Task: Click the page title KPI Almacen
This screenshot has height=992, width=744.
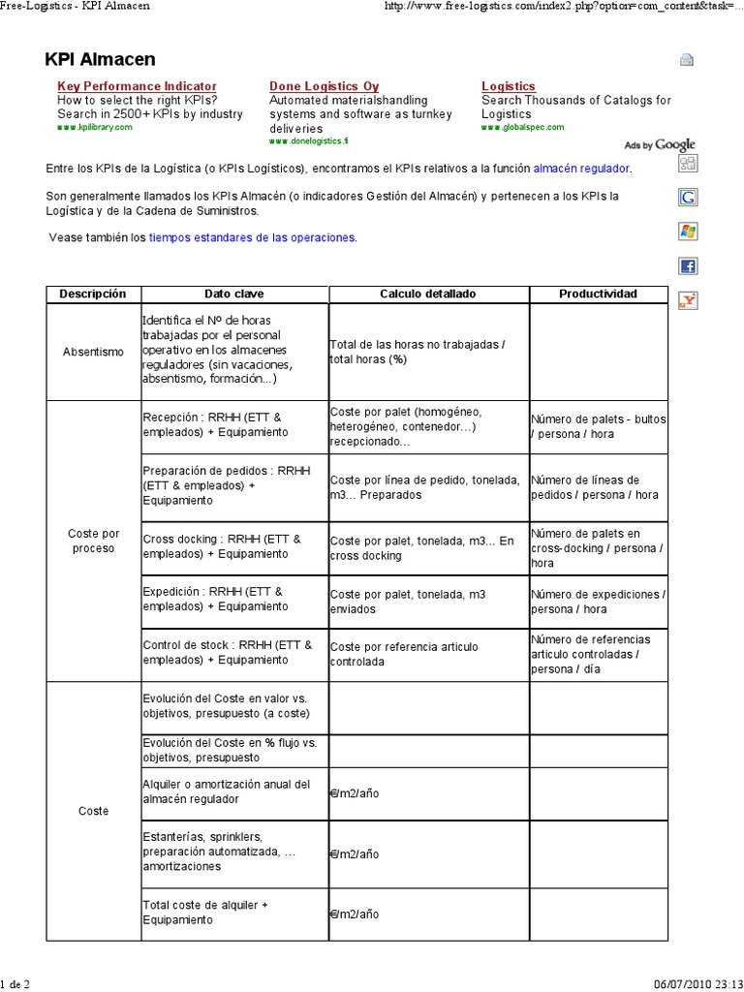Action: point(100,60)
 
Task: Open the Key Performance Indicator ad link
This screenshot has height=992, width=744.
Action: point(137,86)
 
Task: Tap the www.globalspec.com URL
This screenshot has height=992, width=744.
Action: point(522,127)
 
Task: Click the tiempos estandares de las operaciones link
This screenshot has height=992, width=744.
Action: point(252,237)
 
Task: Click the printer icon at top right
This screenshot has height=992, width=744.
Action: point(687,60)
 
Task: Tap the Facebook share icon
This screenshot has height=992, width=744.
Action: point(688,265)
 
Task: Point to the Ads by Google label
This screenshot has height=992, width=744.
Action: point(660,145)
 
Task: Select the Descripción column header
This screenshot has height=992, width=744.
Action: point(93,294)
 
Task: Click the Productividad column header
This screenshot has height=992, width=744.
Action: point(598,294)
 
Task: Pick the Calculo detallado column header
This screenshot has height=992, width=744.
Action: point(428,294)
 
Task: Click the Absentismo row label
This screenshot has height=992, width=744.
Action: point(93,352)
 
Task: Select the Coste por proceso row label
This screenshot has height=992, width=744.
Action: point(93,541)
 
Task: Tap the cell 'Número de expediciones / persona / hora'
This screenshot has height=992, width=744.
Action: point(596,602)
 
